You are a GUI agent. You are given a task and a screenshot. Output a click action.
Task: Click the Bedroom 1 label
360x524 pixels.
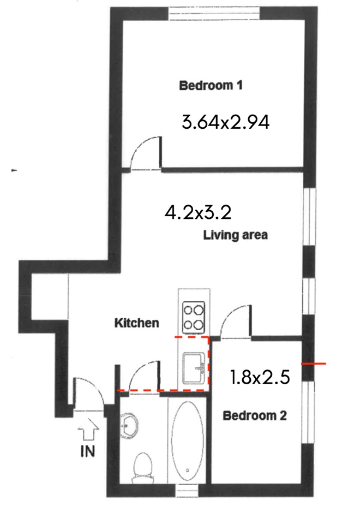(x=211, y=85)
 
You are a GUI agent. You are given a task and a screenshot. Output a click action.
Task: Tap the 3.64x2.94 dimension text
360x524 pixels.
(x=226, y=122)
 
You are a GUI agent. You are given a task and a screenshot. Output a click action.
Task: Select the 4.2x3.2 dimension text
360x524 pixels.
(x=198, y=212)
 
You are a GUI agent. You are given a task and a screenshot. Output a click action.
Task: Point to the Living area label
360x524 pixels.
(x=236, y=235)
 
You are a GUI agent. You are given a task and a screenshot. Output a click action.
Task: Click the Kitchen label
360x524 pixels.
(x=136, y=323)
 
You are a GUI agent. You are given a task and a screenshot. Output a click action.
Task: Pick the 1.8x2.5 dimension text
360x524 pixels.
(x=260, y=377)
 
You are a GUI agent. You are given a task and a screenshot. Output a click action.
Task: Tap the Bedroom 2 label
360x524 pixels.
(x=255, y=416)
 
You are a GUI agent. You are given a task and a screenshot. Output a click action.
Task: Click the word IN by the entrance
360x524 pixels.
(x=87, y=451)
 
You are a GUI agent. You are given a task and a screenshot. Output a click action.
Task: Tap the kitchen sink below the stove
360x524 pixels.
(x=194, y=368)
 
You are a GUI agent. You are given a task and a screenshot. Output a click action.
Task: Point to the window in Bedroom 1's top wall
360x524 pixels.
(x=214, y=14)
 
